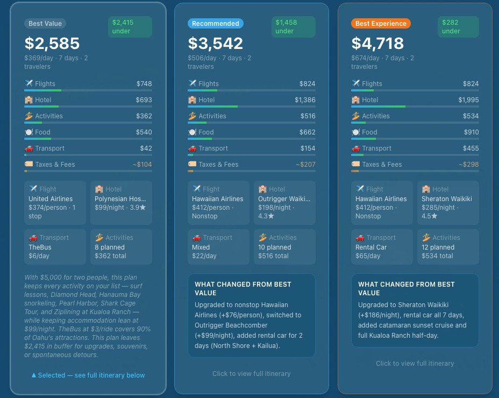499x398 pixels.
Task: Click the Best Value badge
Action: coord(45,24)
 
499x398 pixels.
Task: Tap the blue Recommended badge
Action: coord(216,24)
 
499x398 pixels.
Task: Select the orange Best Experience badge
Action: coord(381,24)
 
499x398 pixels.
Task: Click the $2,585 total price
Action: coord(52,43)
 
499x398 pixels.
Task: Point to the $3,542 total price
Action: coord(216,43)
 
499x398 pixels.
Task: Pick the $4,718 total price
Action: coord(377,43)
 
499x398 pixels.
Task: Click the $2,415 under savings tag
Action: coord(130,27)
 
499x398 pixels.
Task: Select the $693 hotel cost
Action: coord(144,100)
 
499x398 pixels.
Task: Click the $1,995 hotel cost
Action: coord(468,100)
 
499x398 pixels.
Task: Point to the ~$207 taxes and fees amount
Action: coord(305,165)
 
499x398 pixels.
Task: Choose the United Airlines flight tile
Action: coord(55,203)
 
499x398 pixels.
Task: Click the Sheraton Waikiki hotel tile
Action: coord(448,203)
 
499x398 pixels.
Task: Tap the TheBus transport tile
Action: coord(55,247)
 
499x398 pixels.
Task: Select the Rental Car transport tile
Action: coord(382,247)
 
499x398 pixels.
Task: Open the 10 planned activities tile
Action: coord(284,247)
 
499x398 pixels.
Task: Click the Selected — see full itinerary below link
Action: coord(88,375)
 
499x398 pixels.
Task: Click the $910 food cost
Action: coord(471,132)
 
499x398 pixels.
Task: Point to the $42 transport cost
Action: coord(146,148)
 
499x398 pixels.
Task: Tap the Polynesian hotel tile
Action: coord(121,203)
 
